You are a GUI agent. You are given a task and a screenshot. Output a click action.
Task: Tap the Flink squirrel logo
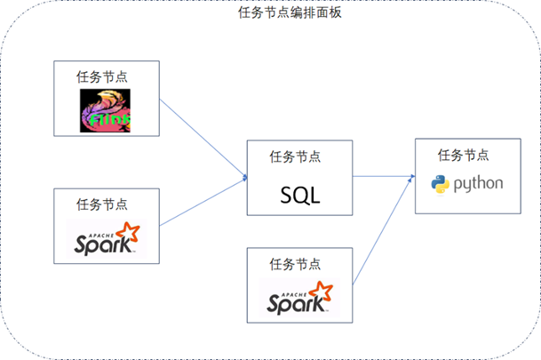105,110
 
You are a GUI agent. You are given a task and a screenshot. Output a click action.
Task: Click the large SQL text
299,193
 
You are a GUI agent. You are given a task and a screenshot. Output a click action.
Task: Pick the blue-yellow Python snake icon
440,185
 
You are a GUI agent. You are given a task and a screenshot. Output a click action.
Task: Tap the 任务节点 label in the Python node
463,155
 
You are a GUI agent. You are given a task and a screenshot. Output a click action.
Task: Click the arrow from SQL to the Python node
384,177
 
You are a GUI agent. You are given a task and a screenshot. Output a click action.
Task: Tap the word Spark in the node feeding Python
293,302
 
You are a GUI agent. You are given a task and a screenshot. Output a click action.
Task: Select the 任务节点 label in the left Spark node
102,204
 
